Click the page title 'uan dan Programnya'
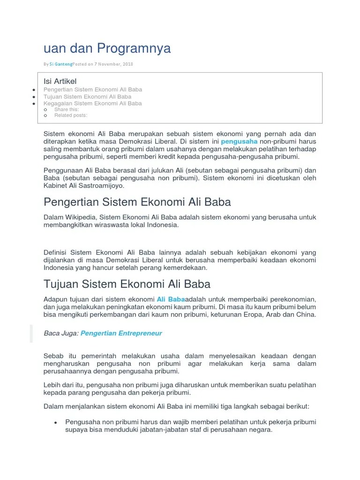click(x=107, y=48)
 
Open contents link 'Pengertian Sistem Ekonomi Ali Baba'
click(x=93, y=90)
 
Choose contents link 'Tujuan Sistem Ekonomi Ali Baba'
click(x=87, y=97)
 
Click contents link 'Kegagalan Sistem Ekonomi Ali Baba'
click(x=92, y=103)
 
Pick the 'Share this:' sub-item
click(x=67, y=109)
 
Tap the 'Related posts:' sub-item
click(x=71, y=115)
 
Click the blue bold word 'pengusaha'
click(x=239, y=141)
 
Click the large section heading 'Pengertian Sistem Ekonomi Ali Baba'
click(x=137, y=202)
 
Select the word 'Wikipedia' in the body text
click(x=82, y=217)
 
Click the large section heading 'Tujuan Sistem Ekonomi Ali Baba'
click(x=127, y=284)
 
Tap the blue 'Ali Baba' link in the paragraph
click(x=171, y=299)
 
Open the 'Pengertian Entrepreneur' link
click(x=121, y=333)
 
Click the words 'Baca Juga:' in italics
click(x=61, y=333)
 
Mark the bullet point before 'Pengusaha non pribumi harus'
click(x=55, y=422)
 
